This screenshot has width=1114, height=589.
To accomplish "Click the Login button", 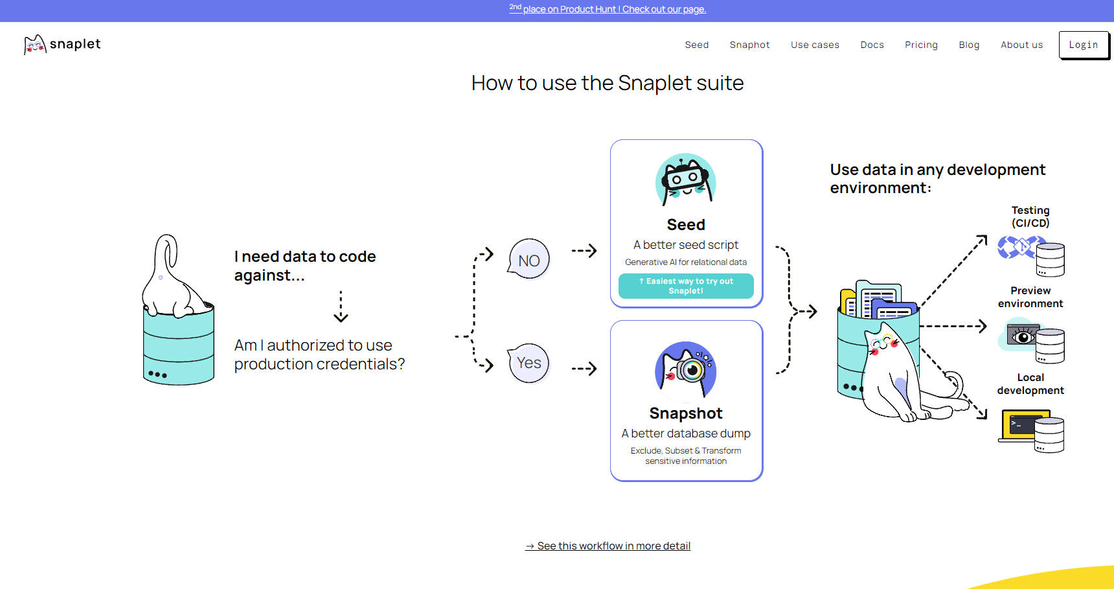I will tap(1084, 45).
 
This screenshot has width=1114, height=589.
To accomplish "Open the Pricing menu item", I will tap(921, 45).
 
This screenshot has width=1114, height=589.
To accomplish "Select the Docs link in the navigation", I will tap(872, 45).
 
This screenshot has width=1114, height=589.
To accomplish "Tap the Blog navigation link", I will tap(969, 45).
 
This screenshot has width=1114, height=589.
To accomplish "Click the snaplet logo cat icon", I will tap(35, 45).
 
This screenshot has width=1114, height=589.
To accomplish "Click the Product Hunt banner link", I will tap(608, 9).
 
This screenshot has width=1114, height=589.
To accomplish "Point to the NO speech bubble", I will tap(529, 260).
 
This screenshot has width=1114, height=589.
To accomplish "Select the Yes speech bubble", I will tap(529, 363).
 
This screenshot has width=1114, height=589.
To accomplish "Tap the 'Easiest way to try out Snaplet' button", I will tap(686, 286).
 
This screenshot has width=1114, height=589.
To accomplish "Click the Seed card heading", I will tap(686, 225).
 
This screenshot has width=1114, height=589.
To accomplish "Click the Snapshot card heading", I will tap(686, 413).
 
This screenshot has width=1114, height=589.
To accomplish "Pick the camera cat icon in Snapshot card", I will tap(686, 370).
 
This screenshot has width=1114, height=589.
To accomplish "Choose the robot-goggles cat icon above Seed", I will tap(686, 179).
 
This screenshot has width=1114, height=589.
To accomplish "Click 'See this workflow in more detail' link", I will tap(608, 546).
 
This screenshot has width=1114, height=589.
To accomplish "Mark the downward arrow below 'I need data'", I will tap(341, 307).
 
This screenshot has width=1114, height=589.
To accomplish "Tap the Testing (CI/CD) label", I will tap(1030, 216).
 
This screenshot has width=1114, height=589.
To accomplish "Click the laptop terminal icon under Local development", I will tap(1024, 426).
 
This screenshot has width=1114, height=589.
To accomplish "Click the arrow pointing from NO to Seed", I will tap(584, 251).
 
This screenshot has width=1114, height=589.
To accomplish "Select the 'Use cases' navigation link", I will tap(815, 45).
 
